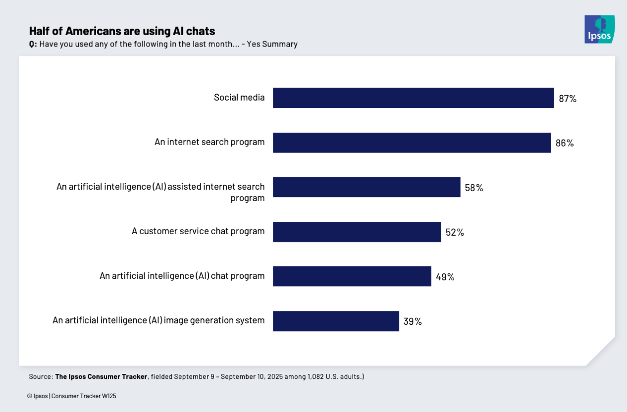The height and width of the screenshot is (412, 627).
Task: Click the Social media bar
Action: coord(413,98)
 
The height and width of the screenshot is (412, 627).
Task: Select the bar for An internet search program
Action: coord(412,143)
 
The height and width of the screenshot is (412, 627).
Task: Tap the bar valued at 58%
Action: coord(366,187)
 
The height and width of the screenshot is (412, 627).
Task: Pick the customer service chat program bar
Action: coord(357,232)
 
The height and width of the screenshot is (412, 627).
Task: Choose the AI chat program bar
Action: coord(352,276)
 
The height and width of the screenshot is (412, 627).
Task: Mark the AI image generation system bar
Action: coord(336,321)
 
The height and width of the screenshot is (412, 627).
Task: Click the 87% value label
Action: coord(568,99)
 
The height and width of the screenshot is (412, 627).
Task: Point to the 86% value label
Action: coord(565,143)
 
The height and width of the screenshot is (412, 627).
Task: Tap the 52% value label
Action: coord(455,232)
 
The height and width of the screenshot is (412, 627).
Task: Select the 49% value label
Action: coord(445,277)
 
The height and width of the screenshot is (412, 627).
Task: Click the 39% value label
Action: coord(412,321)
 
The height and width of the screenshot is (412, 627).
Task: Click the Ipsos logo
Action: coord(599,29)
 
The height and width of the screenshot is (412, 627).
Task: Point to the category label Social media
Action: coord(239,98)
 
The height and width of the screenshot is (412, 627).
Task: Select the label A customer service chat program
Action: coord(198,231)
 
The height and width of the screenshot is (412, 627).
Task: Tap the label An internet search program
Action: coord(209,142)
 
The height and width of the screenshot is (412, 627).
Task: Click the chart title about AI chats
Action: coord(122,31)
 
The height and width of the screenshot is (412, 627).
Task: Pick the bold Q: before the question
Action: coord(33,44)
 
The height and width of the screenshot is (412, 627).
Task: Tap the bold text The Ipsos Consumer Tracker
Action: coord(101,377)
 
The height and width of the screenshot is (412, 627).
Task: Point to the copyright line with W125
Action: coord(72,396)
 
